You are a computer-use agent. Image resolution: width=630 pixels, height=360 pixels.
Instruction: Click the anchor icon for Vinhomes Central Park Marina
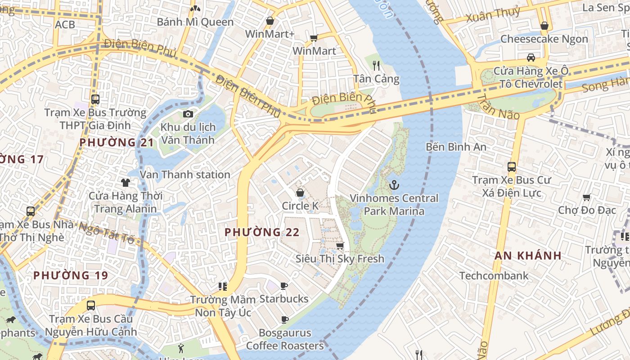(394, 184)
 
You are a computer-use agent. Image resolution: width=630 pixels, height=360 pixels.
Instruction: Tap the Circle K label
(300, 206)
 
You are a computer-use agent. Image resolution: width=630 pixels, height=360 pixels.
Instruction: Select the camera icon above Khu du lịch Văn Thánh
(188, 114)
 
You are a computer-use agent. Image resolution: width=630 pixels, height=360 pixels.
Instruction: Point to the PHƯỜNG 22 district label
(262, 232)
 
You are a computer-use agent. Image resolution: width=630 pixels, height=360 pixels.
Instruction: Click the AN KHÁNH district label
(528, 256)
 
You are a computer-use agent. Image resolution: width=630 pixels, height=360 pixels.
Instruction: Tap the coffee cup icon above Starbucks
(284, 286)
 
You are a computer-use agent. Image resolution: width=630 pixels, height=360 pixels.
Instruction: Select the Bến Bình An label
(456, 147)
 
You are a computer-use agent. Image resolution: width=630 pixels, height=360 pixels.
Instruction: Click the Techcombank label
(494, 275)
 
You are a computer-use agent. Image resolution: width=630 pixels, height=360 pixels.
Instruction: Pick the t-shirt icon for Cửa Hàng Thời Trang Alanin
(125, 182)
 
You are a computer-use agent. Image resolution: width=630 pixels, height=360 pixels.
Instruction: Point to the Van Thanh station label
(185, 174)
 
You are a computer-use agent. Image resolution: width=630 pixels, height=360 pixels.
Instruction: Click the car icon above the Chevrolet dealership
(531, 57)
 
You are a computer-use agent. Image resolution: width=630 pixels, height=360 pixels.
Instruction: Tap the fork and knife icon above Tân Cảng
(377, 66)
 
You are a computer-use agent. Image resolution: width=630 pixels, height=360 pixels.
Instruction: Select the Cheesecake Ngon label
(544, 39)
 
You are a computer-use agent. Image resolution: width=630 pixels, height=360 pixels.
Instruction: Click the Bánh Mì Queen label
(195, 22)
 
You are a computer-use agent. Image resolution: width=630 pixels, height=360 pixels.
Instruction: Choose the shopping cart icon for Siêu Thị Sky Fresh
(340, 246)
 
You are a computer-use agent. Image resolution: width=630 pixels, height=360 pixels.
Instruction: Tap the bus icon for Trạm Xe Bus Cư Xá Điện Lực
(511, 166)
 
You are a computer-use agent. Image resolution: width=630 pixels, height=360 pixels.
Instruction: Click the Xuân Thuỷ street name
(493, 14)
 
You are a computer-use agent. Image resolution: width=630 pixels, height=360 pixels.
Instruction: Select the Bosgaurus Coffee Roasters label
(285, 339)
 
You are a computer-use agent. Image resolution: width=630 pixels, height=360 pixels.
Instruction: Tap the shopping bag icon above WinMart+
(270, 21)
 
